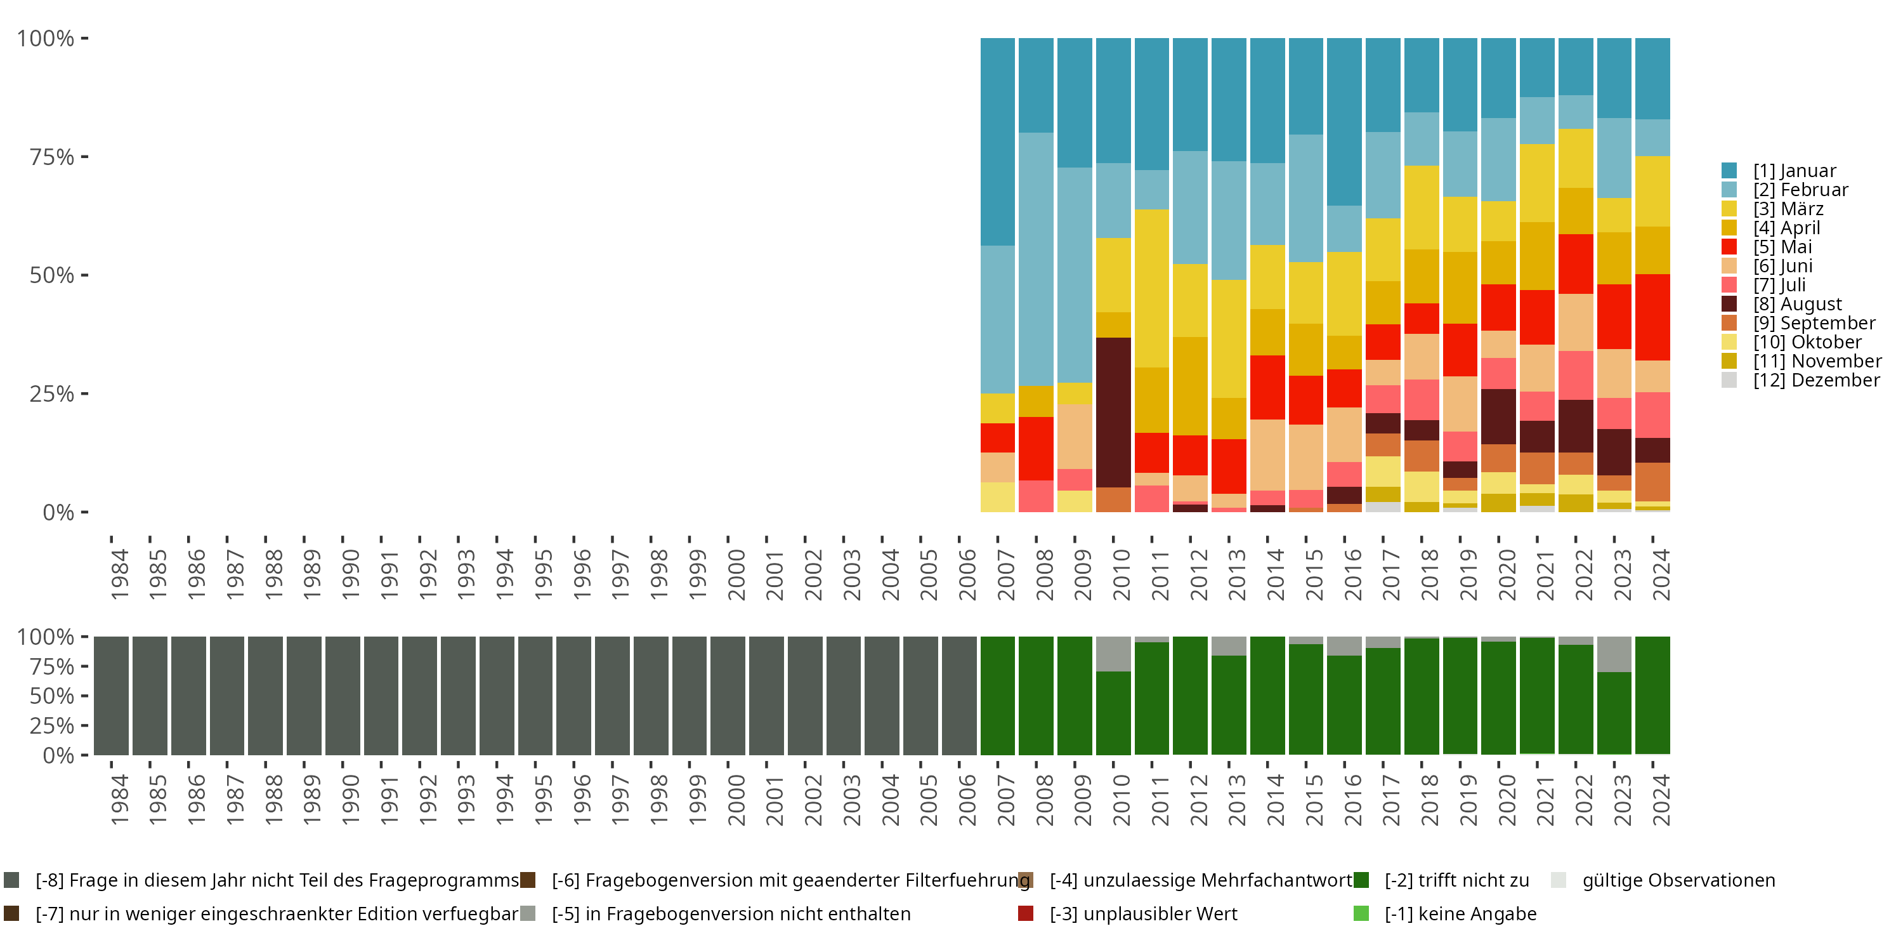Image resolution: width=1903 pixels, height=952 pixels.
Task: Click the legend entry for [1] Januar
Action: click(x=1795, y=171)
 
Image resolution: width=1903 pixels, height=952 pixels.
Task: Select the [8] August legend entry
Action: click(x=1797, y=304)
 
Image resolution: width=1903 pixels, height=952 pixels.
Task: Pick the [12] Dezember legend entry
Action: click(x=1816, y=380)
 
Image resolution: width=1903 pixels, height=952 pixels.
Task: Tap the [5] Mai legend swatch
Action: click(x=1729, y=247)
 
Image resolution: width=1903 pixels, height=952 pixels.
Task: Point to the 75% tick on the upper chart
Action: click(x=52, y=157)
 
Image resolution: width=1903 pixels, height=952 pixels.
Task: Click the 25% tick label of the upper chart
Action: click(x=52, y=394)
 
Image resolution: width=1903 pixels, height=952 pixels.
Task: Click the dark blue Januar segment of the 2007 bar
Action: click(x=997, y=140)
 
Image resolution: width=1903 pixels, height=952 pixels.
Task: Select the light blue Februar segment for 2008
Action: click(x=1036, y=259)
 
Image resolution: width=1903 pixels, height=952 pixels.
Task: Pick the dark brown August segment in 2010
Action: click(x=1113, y=412)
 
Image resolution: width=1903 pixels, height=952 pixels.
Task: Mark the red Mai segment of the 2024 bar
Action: click(x=1652, y=317)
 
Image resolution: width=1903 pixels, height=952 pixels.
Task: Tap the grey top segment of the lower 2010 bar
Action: click(x=1113, y=654)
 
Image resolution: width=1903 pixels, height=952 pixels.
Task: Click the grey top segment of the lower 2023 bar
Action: click(x=1614, y=654)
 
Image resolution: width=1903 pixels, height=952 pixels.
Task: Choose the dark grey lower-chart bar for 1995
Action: click(x=535, y=696)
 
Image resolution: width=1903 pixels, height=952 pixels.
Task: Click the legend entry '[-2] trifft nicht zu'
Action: click(x=1456, y=880)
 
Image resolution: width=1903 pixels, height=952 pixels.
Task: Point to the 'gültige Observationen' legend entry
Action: click(x=1678, y=880)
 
